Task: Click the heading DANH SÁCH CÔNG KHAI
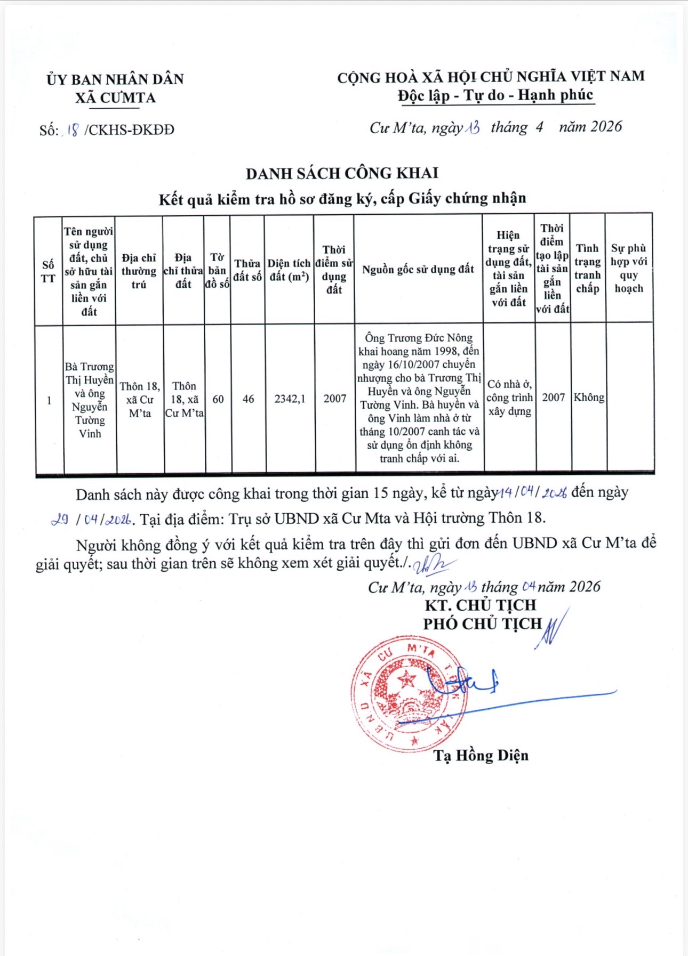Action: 342,173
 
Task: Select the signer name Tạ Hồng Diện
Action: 481,755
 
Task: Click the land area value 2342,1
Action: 290,399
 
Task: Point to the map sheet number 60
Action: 218,399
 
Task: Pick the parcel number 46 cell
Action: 248,399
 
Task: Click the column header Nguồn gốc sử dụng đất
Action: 418,269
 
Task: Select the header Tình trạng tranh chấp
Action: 587,268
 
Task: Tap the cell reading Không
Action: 589,398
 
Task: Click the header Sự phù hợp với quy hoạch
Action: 629,268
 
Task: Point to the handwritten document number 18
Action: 73,129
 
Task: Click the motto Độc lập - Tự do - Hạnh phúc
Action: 495,95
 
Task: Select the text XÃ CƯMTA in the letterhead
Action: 115,98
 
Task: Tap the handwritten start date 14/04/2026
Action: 532,493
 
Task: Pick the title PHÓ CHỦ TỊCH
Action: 482,623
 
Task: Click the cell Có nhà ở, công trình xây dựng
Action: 509,398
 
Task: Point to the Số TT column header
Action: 48,271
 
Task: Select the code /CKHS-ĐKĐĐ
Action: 129,130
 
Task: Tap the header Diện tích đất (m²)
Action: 289,270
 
